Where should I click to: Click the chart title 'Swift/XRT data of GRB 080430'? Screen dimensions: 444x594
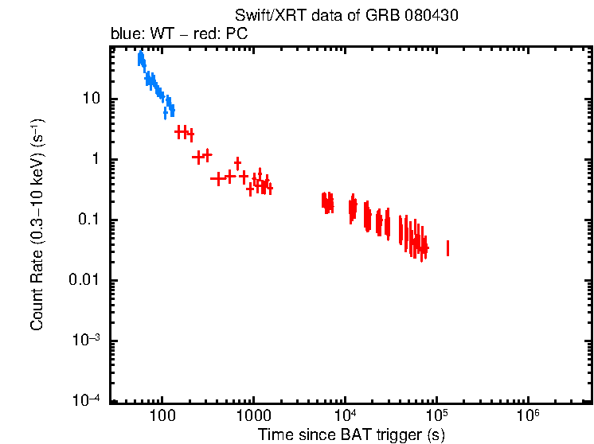point(346,16)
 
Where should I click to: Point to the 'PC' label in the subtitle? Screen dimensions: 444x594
point(238,34)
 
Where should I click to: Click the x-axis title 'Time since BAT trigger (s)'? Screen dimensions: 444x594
point(351,434)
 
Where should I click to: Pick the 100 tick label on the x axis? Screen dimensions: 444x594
point(162,416)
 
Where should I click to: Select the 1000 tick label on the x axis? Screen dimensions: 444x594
point(253,416)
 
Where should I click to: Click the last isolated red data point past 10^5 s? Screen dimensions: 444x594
point(447,248)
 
